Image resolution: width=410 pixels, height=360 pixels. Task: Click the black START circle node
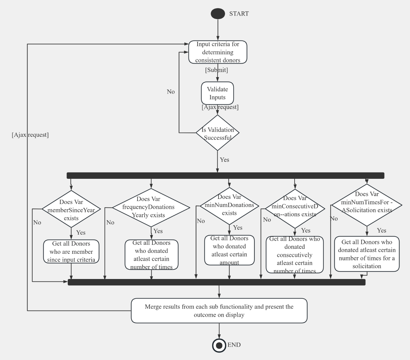[218, 14]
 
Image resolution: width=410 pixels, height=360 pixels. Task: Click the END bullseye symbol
[219, 345]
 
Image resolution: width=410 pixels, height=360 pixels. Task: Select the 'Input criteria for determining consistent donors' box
[218, 52]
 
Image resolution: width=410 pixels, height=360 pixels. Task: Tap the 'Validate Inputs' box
[217, 93]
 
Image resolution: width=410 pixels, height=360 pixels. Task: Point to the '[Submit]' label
[216, 70]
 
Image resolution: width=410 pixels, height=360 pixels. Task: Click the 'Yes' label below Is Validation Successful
[224, 160]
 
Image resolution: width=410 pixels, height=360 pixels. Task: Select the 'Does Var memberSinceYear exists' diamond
[71, 209]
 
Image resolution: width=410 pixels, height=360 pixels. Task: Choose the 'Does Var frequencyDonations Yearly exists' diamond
[151, 207]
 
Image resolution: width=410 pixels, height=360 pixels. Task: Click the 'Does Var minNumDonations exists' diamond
[229, 205]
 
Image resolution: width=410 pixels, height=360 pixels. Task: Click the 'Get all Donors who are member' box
[71, 251]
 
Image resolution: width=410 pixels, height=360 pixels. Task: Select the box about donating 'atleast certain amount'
[229, 250]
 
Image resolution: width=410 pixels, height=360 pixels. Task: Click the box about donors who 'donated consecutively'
[295, 255]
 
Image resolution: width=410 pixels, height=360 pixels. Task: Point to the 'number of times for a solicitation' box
[367, 254]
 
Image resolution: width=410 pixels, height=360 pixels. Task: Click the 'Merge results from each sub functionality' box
[219, 310]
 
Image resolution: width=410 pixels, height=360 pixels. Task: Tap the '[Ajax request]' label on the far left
[30, 135]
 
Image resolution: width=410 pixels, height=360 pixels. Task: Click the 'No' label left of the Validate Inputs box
[171, 91]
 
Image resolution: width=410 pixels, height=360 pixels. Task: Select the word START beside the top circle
[239, 14]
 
